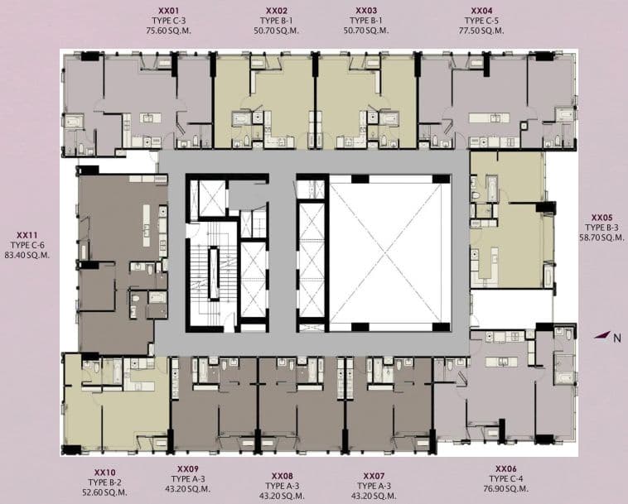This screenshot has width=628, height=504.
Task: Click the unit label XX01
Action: point(169,11)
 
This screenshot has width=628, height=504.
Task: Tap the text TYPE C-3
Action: point(169,21)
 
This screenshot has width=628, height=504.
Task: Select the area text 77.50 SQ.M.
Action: point(481,31)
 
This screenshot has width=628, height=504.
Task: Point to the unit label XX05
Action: point(602,218)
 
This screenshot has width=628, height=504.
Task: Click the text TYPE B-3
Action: point(601,228)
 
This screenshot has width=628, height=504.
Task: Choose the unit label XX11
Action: point(27,235)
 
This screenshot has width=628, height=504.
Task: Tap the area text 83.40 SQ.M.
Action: point(27,255)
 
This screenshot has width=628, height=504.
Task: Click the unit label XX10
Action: point(105,473)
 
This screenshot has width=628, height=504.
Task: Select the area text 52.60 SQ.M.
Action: point(104,492)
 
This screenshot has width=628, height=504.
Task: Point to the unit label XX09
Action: point(188,468)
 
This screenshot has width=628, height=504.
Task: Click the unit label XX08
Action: point(283,476)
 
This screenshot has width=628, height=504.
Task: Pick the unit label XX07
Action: point(374,476)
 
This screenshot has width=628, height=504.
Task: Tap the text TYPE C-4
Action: point(506,478)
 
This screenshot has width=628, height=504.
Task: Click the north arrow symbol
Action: point(602,335)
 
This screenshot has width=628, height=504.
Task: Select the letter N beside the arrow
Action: point(617,338)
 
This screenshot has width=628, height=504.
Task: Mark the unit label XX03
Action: point(366,11)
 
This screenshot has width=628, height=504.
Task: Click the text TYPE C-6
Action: point(27,245)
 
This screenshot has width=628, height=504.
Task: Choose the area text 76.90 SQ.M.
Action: point(506,488)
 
